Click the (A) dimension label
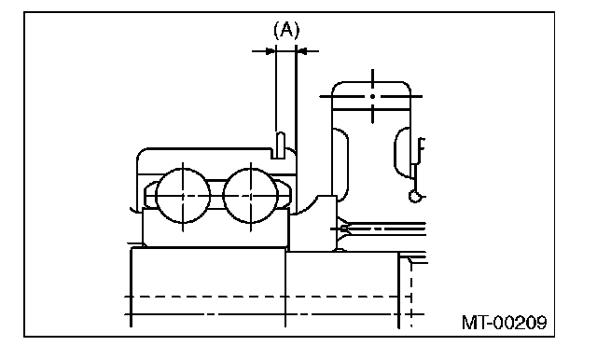click(286, 30)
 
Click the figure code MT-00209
click(505, 323)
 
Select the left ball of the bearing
click(183, 196)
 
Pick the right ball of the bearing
click(251, 196)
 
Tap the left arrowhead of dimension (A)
click(271, 50)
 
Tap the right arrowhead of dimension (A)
click(301, 50)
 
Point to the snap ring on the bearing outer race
click(280, 145)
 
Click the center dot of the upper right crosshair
click(373, 96)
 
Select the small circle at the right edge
click(414, 197)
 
